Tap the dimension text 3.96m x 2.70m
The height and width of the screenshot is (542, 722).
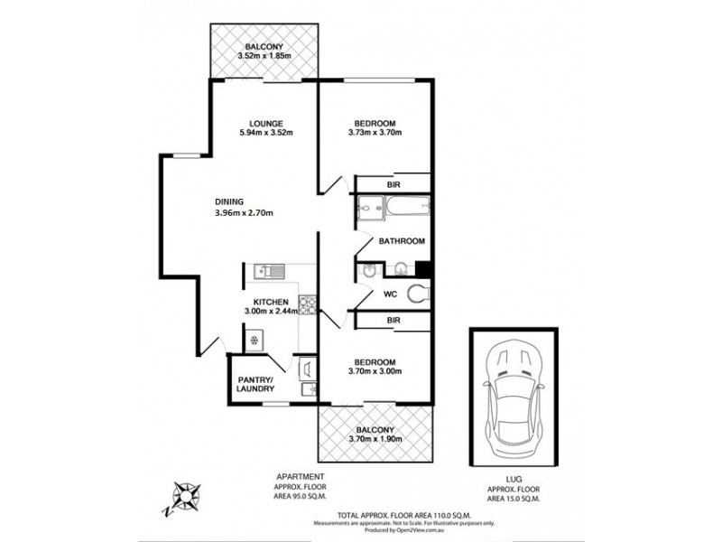click(244, 213)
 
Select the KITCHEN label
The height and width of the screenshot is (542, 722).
click(271, 302)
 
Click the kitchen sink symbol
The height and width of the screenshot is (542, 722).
click(270, 270)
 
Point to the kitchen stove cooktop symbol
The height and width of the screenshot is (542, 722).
click(306, 304)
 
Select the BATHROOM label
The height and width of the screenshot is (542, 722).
click(402, 241)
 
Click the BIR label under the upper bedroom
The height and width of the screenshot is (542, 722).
click(393, 184)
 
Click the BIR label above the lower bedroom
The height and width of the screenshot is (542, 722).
click(393, 321)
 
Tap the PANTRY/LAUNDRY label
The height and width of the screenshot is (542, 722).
click(255, 385)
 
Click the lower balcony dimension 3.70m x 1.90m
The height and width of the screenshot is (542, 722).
click(375, 439)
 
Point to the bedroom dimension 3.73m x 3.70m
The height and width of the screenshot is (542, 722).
click(375, 133)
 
